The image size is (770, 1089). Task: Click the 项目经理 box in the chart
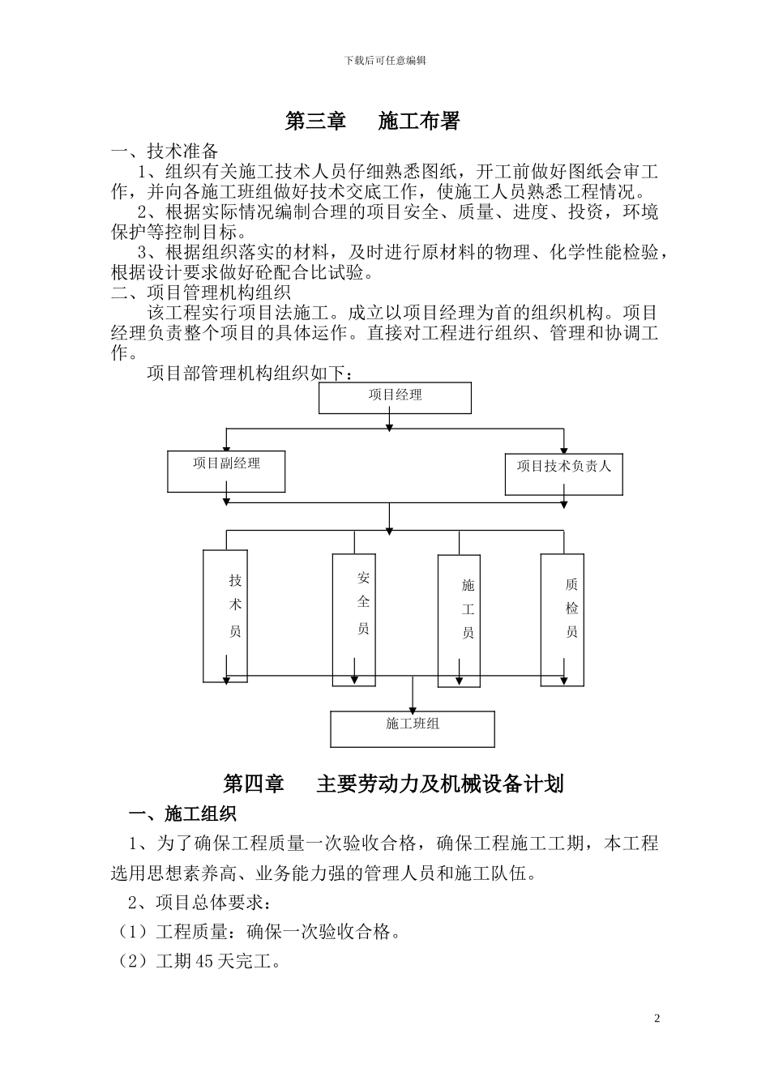[395, 397]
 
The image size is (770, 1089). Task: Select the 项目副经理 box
[226, 471]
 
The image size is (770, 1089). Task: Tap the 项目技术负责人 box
[564, 473]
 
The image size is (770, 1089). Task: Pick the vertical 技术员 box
[225, 616]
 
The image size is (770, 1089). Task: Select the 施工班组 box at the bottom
[413, 728]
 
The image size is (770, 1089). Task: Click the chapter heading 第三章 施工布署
[373, 122]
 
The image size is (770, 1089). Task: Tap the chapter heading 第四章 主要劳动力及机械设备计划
[393, 784]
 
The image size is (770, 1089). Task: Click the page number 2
[657, 1019]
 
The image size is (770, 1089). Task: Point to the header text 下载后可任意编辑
[385, 60]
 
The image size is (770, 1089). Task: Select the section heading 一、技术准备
[165, 152]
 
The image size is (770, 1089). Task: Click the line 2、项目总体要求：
[199, 902]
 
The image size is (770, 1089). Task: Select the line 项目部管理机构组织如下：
[250, 373]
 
